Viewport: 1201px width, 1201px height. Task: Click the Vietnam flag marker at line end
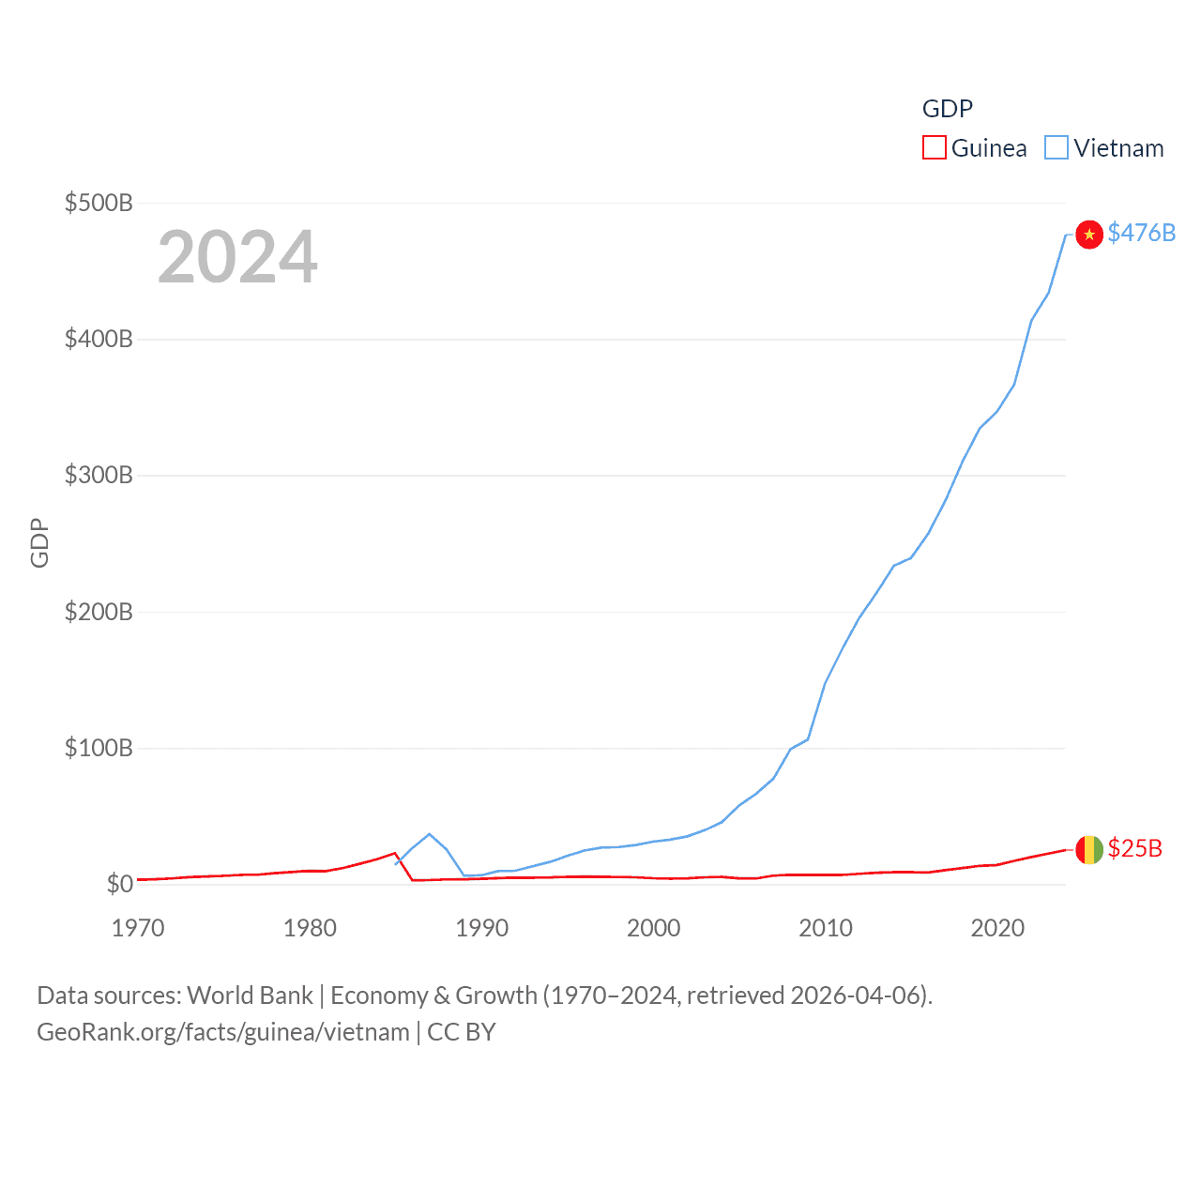(1088, 234)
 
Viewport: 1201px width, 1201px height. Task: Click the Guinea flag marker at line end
(1088, 849)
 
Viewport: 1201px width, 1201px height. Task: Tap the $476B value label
(1141, 233)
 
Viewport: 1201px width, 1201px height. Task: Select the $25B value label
(1134, 848)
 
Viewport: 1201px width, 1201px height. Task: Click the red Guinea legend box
(935, 148)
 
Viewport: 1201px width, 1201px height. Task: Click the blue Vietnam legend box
(1057, 148)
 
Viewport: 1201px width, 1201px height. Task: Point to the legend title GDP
(947, 109)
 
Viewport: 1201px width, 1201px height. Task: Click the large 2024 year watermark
(237, 257)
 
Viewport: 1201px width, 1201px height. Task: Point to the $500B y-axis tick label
(99, 203)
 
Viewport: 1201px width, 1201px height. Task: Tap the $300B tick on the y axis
(99, 475)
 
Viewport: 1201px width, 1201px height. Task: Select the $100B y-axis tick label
(99, 748)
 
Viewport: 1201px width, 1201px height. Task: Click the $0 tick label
(119, 884)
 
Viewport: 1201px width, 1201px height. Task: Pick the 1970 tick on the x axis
(138, 928)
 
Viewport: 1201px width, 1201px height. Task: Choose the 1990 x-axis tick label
(481, 928)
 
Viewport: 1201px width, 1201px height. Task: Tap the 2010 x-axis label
(826, 928)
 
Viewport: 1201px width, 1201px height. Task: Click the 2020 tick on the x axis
(997, 928)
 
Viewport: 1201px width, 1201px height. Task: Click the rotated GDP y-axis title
(39, 543)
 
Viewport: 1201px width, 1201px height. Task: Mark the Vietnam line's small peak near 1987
(429, 833)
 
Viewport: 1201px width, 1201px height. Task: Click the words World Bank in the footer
(250, 995)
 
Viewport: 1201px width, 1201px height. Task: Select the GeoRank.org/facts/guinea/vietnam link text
(223, 1032)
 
